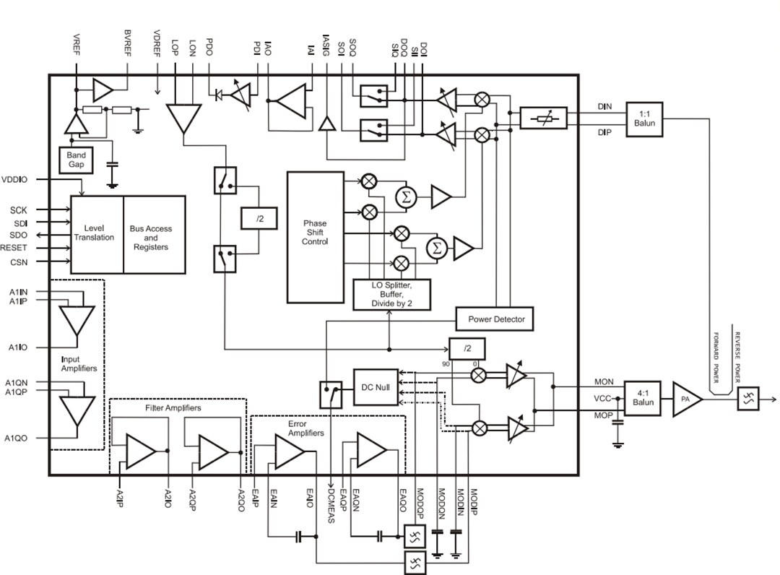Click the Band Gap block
coord(76,160)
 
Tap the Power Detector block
coord(495,319)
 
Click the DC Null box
coord(376,387)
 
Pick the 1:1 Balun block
coord(644,120)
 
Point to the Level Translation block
coord(97,233)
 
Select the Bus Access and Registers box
coord(153,237)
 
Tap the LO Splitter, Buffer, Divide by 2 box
coord(391,295)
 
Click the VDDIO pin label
coord(14,179)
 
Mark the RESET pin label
coord(14,248)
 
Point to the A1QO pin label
coord(17,438)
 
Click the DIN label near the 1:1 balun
coord(604,107)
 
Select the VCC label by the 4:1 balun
coord(603,399)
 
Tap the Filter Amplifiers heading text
coord(173,408)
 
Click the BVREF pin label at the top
coord(128,44)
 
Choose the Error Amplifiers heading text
coord(306,428)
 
